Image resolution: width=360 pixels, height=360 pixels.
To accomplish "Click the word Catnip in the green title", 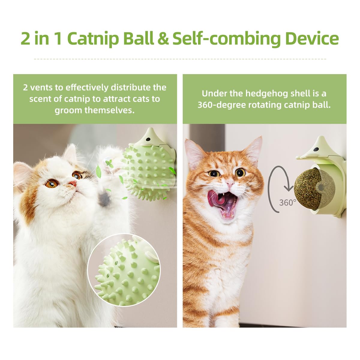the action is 93,39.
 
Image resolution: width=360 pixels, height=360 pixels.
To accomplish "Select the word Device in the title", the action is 312,39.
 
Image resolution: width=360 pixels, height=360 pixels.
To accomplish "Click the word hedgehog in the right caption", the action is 267,94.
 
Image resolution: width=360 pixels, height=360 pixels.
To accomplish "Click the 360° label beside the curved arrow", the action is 287,202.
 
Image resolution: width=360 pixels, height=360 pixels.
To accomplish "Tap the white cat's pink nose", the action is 73,183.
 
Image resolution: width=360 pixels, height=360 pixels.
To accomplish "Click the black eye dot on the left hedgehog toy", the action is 148,139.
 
